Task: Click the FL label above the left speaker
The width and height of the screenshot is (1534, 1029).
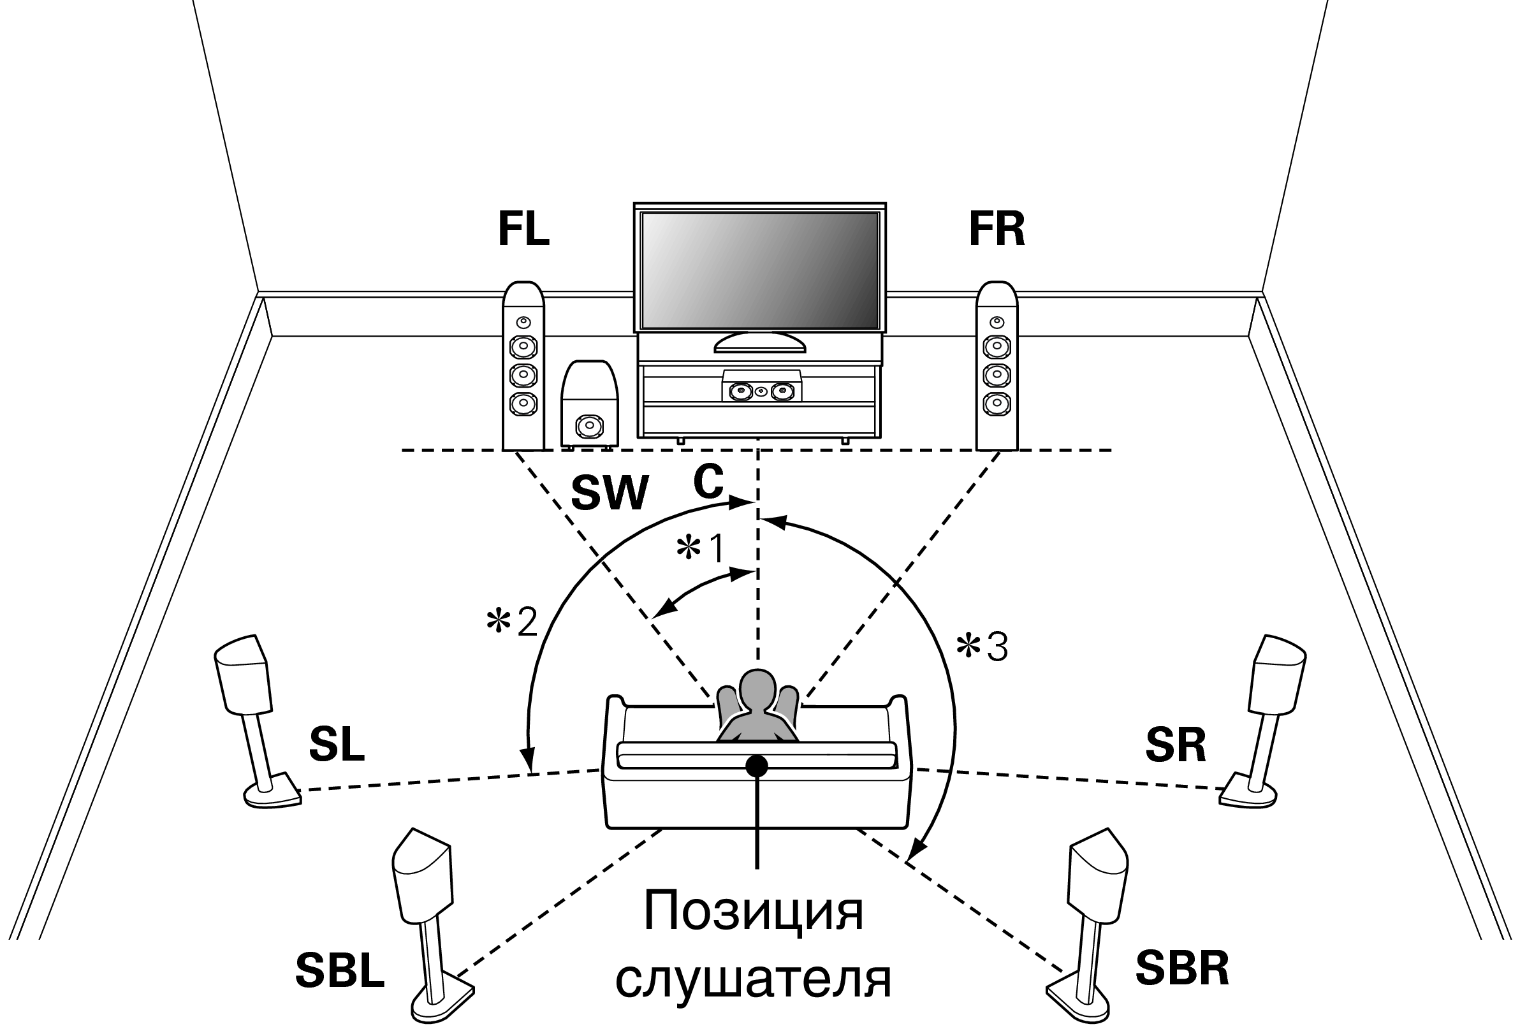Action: tap(523, 230)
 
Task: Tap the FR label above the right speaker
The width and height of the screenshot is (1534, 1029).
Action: tap(996, 230)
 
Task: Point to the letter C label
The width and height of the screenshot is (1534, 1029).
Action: tap(708, 483)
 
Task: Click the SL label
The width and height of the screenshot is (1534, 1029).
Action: tap(336, 744)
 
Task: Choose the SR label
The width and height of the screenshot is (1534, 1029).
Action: tap(1175, 745)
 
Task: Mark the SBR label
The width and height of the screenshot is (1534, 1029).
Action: tap(1181, 968)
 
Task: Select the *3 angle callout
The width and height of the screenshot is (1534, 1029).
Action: tap(982, 647)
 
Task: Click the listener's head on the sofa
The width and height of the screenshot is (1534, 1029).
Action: tap(758, 689)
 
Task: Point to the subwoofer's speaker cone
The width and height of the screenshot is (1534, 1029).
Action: tap(588, 426)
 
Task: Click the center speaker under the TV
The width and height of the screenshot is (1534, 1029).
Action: tap(761, 391)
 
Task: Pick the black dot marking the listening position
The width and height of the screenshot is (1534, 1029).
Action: tap(757, 764)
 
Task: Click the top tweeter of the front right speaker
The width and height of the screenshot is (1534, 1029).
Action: tap(997, 322)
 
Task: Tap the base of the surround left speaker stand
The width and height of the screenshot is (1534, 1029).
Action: tap(272, 795)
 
